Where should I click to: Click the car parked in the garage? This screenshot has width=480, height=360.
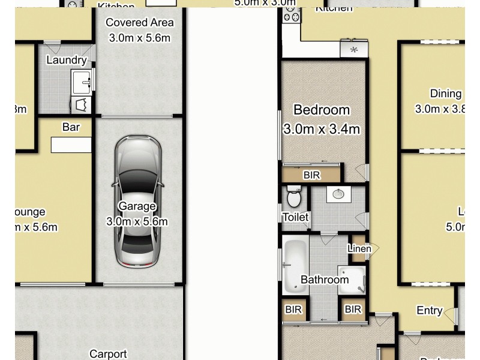pos(138,201)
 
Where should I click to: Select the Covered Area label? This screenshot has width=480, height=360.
pos(139,23)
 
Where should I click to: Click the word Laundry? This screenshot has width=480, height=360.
pos(66,60)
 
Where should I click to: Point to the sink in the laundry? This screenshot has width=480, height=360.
pos(82,80)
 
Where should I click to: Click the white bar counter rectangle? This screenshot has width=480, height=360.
pos(71,145)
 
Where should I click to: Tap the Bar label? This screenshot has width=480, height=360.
pos(71,127)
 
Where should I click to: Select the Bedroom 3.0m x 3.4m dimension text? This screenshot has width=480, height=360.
pos(321,129)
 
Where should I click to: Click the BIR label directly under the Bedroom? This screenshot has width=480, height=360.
pos(311,175)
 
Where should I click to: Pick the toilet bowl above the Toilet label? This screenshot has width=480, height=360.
pos(294,196)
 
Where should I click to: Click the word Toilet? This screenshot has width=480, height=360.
pos(295,217)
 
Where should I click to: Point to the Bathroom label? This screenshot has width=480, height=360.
pos(325,280)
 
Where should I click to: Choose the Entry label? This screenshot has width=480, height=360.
pos(430,310)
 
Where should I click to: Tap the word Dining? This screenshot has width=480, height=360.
pos(446,94)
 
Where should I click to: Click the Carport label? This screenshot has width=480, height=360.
pos(108,354)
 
